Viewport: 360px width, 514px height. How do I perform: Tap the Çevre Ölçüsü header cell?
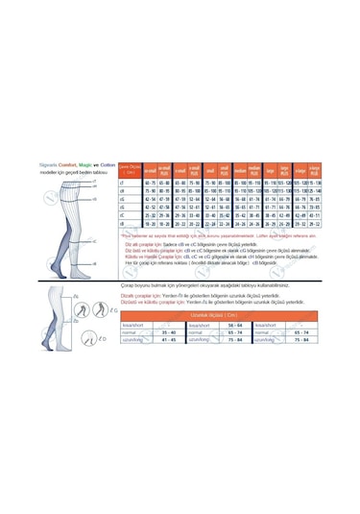coord(128,170)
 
